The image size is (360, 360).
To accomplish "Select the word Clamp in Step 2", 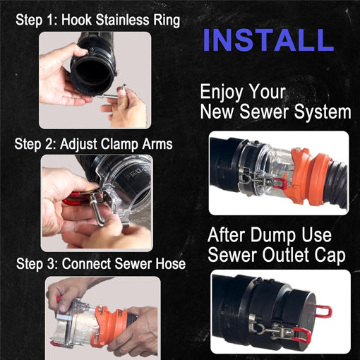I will tap(118, 144).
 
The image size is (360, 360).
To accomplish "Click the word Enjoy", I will tap(222, 92).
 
